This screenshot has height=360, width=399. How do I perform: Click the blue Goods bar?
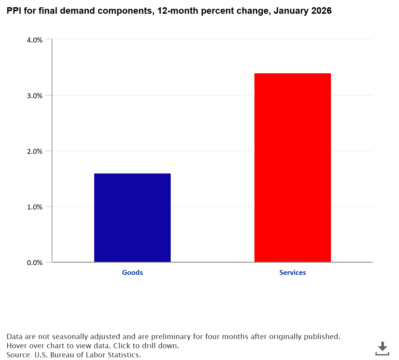[x=132, y=218]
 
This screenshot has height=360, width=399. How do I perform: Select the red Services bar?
[x=293, y=168]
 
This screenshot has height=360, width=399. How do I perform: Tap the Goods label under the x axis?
[x=132, y=272]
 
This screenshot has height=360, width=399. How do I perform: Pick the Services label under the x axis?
[x=293, y=272]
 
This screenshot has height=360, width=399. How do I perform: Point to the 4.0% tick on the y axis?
[x=35, y=40]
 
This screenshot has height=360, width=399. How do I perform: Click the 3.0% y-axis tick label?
[x=35, y=96]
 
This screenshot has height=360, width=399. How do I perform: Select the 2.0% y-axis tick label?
[x=35, y=151]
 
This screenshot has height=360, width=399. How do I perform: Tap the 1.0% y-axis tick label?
[x=35, y=207]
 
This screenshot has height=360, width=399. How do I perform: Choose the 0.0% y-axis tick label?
[x=35, y=262]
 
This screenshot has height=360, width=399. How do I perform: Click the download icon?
[x=382, y=348]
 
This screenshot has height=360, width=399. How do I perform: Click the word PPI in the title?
[x=14, y=11]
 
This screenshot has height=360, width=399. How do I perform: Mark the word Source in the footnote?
[x=19, y=355]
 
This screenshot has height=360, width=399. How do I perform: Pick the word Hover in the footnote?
[x=16, y=346]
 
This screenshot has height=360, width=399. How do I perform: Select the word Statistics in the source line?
[x=126, y=355]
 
